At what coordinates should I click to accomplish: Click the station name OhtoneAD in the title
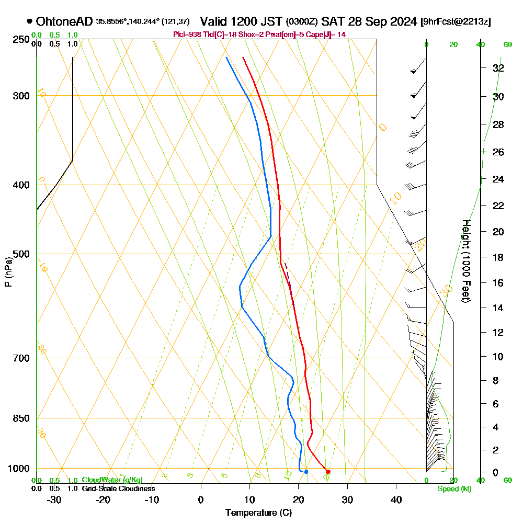65,21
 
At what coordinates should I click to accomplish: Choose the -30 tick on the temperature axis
54,499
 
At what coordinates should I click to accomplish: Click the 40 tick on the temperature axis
396,499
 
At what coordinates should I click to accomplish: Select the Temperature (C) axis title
258,513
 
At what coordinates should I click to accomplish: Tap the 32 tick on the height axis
498,68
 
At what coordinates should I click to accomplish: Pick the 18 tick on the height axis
498,257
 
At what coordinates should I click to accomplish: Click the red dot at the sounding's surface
328,472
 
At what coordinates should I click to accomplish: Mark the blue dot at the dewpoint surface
306,472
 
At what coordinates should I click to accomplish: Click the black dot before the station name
29,21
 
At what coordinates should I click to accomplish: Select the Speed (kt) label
453,489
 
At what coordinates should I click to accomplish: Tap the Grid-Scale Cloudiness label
118,488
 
